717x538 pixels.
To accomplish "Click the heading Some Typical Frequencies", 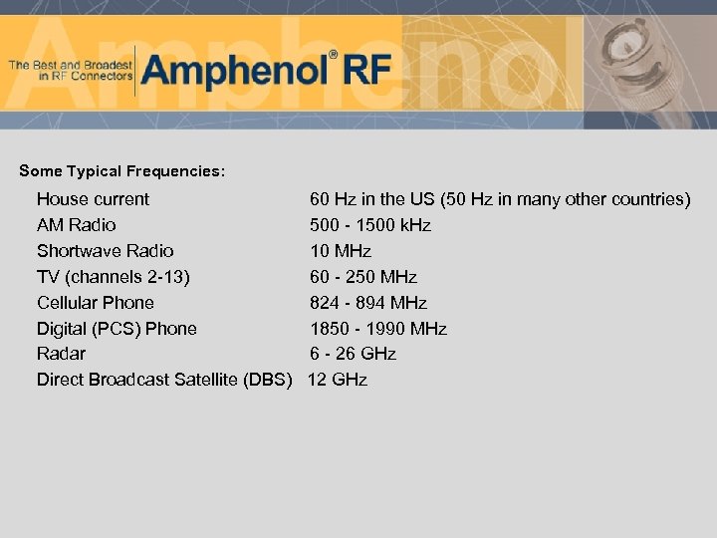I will (122, 171).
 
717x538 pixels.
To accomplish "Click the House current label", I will (93, 199).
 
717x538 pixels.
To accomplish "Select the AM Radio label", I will (76, 225).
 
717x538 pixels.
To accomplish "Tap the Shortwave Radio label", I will (105, 251).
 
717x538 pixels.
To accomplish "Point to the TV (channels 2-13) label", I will (113, 277).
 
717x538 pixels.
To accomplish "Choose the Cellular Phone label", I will (96, 303).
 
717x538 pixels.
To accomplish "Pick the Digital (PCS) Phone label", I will (117, 329).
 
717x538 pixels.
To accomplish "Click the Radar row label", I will (61, 354).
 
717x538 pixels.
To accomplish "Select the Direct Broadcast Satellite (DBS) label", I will (164, 380).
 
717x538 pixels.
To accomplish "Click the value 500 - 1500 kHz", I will (370, 225).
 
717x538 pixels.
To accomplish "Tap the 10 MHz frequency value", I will (341, 251).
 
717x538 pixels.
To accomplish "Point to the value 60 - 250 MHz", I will (363, 277).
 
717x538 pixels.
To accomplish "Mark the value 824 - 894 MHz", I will (368, 303).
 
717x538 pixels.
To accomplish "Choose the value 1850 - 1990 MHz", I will (378, 329).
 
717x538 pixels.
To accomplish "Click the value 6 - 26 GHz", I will (353, 354).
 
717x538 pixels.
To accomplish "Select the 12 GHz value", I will (338, 380).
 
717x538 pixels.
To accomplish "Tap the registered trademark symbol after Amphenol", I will (334, 55).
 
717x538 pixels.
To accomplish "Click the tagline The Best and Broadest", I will (70, 70).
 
